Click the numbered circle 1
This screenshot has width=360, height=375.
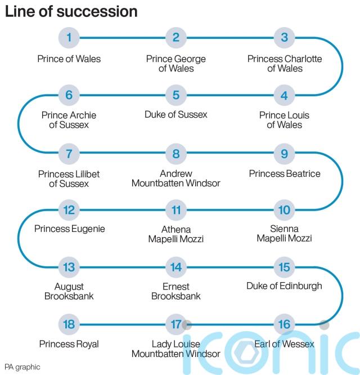pyautogui.click(x=69, y=38)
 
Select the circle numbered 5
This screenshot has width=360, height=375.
pyautogui.click(x=176, y=95)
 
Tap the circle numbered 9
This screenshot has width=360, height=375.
pyautogui.click(x=284, y=153)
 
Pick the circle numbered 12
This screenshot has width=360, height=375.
pyautogui.click(x=69, y=211)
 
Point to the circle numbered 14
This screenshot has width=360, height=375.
pyautogui.click(x=176, y=267)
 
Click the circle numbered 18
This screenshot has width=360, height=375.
pyautogui.click(x=69, y=325)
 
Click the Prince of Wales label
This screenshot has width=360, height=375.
pyautogui.click(x=69, y=59)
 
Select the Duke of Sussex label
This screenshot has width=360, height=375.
pyautogui.click(x=176, y=114)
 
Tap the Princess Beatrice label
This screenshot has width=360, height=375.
pyautogui.click(x=285, y=173)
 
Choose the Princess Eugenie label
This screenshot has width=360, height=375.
pyautogui.click(x=69, y=229)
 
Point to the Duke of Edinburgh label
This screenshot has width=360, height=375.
pyautogui.click(x=284, y=285)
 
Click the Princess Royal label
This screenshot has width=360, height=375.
pyautogui.click(x=69, y=344)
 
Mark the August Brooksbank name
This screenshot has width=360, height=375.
pyautogui.click(x=69, y=291)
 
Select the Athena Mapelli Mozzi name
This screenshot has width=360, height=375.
pyautogui.click(x=176, y=234)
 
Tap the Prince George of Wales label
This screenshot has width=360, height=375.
pyautogui.click(x=176, y=64)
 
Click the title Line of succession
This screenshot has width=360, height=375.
pyautogui.click(x=71, y=11)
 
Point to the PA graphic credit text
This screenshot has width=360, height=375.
pyautogui.click(x=22, y=367)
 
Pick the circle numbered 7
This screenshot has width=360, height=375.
pyautogui.click(x=69, y=153)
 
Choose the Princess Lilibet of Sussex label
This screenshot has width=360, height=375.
pyautogui.click(x=69, y=178)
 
